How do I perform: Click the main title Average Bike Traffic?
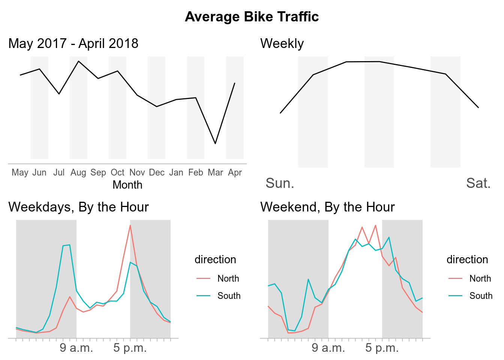coord(252,17)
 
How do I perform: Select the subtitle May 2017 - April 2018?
coord(73,43)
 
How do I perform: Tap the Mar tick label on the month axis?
coord(215,172)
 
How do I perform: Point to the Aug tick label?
coord(78,172)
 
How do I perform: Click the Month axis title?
coord(127,185)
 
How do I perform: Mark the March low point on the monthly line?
coord(215,144)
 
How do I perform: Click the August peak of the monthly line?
coord(78,61)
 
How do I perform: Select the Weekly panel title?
coord(282,43)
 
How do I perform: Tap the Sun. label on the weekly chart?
coord(280,183)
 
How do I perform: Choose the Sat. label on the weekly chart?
coord(478,183)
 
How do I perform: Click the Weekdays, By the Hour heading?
coord(79,207)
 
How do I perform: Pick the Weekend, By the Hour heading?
coord(327,207)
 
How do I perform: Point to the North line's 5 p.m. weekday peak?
coord(130,225)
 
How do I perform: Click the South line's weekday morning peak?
coord(69,245)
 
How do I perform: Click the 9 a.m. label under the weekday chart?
coord(76,348)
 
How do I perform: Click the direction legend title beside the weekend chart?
coord(467,259)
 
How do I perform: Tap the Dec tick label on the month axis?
coord(157,172)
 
